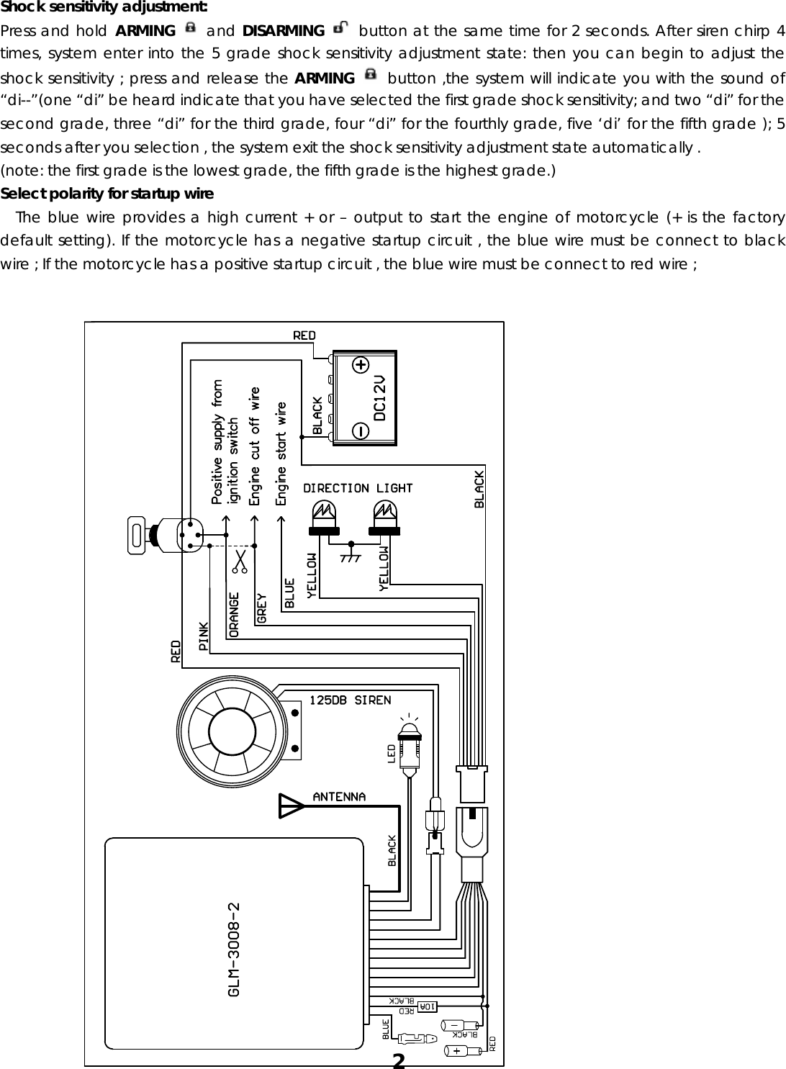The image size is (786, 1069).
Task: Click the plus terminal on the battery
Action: coord(360,365)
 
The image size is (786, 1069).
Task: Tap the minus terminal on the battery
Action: coord(360,430)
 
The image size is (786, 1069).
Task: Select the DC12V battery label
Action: coord(381,397)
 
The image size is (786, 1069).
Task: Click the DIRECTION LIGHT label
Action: coord(358,488)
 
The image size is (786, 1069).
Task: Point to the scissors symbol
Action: coord(239,561)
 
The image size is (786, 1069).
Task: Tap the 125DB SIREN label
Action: coord(351,700)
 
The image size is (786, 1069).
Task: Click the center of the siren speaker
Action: coord(231,729)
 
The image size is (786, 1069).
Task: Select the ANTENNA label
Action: coord(339,796)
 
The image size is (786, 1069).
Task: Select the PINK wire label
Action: coord(204,636)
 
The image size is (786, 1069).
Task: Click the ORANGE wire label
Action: coord(234,613)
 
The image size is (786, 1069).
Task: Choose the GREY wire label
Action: coord(261,608)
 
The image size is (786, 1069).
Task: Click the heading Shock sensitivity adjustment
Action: coord(104,8)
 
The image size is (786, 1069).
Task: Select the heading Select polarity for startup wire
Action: coord(107,194)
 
